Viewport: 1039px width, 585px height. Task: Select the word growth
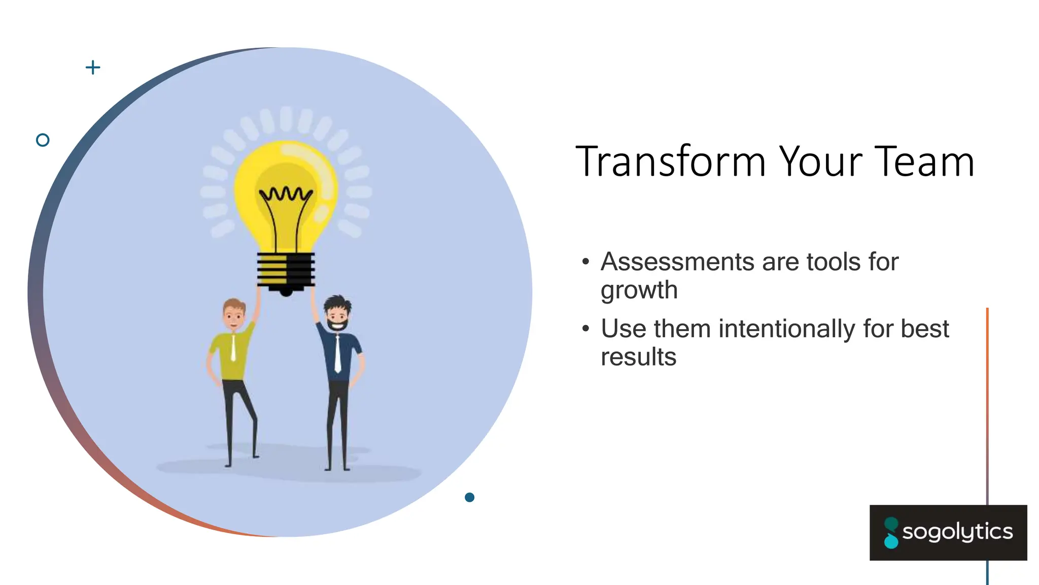coord(639,290)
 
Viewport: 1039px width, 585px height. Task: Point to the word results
coord(638,356)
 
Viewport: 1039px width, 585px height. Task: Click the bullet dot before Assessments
coord(586,262)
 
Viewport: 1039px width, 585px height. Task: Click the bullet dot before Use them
coord(586,329)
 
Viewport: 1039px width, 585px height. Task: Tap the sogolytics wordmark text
coord(957,532)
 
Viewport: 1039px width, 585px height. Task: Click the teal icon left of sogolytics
coord(891,533)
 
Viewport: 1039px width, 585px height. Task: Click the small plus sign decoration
coord(93,67)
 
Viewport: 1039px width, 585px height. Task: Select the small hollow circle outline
coord(43,140)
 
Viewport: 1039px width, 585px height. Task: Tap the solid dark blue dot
coord(469,497)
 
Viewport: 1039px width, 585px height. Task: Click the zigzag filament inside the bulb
coord(286,194)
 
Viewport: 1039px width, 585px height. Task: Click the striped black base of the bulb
coord(286,271)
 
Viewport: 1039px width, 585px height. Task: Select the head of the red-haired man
coord(234,314)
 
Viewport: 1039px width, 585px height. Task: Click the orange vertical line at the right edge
coord(987,381)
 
